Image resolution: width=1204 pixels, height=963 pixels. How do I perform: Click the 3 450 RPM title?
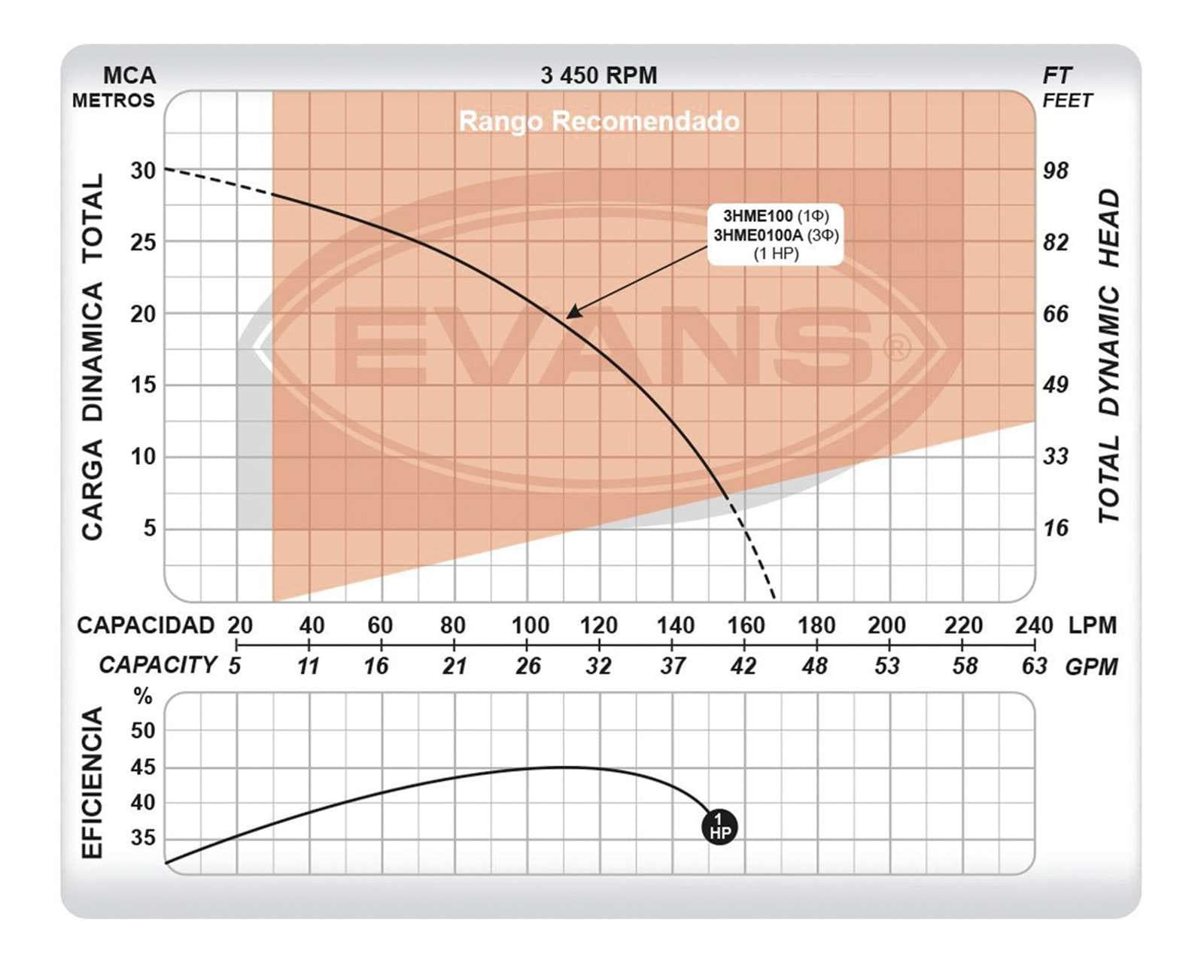pyautogui.click(x=598, y=75)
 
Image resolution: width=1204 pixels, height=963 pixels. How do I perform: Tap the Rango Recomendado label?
pyautogui.click(x=599, y=121)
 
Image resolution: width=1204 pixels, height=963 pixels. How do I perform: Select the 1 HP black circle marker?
pyautogui.click(x=719, y=827)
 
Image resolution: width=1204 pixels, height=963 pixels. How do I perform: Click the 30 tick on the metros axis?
pyautogui.click(x=143, y=171)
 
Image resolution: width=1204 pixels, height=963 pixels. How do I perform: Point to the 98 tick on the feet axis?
pyautogui.click(x=1055, y=171)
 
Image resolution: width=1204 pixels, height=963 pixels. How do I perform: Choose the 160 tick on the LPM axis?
pyautogui.click(x=745, y=625)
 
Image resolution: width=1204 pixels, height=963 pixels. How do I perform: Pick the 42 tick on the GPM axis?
pyautogui.click(x=743, y=666)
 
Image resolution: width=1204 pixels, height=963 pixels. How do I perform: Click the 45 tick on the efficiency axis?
pyautogui.click(x=143, y=767)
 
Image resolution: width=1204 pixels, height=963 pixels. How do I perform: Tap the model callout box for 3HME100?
pyautogui.click(x=775, y=235)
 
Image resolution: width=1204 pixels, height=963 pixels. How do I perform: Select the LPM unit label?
pyautogui.click(x=1092, y=625)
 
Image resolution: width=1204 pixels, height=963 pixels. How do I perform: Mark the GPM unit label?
pyautogui.click(x=1091, y=667)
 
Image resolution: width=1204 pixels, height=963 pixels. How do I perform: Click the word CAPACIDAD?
pyautogui.click(x=146, y=625)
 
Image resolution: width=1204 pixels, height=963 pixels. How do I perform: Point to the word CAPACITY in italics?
pyautogui.click(x=158, y=665)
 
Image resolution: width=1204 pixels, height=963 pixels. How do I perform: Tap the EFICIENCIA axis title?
pyautogui.click(x=92, y=782)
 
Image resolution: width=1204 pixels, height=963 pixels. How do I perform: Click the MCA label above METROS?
pyautogui.click(x=129, y=75)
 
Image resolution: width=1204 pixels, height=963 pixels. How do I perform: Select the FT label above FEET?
pyautogui.click(x=1057, y=75)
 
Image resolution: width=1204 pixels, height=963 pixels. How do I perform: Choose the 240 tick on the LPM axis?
pyautogui.click(x=1034, y=625)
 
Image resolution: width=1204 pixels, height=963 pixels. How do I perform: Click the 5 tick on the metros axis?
pyautogui.click(x=150, y=528)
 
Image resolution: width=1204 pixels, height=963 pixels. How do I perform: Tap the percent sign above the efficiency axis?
pyautogui.click(x=143, y=697)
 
